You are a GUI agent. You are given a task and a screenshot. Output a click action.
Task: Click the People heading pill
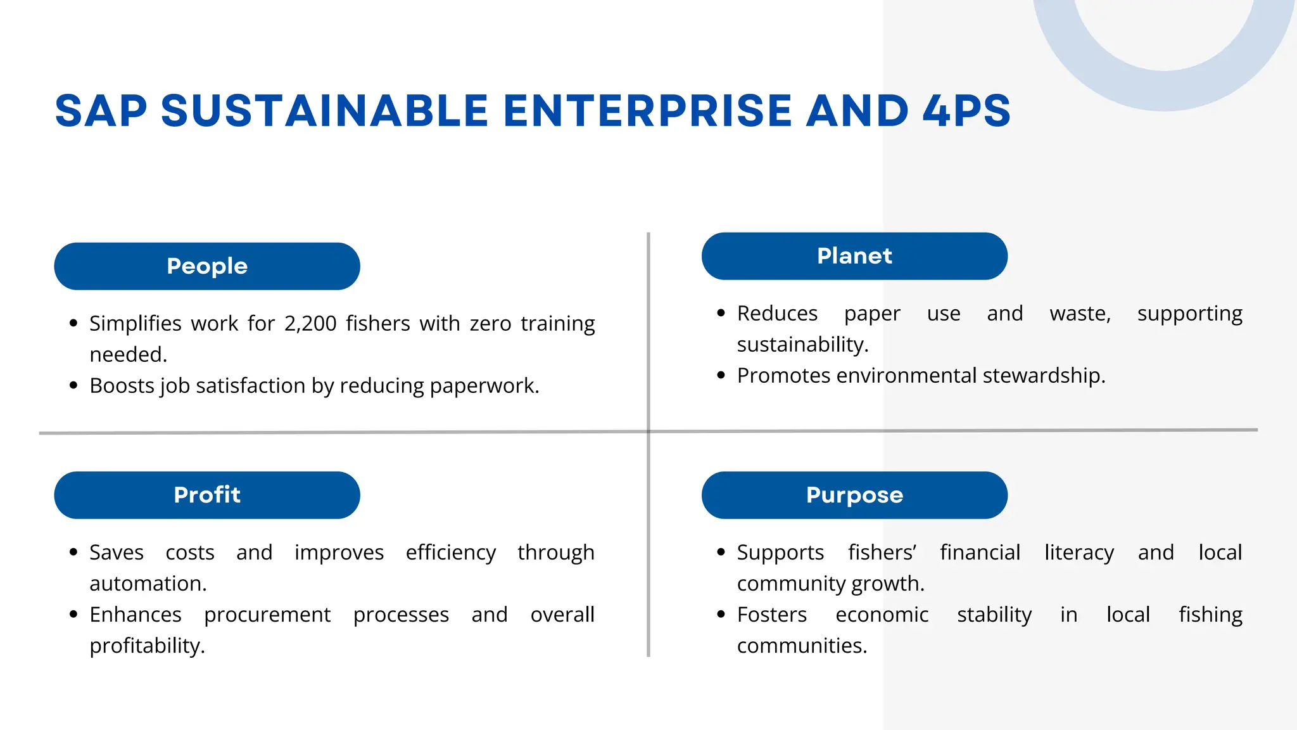207,266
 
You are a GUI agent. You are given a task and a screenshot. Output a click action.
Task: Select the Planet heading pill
854,256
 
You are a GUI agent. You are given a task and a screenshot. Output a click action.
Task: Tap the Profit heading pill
207,495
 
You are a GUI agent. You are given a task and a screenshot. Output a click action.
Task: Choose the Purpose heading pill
854,495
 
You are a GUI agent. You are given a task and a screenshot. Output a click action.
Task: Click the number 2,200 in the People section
310,324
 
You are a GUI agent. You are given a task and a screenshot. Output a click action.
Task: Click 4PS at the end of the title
966,111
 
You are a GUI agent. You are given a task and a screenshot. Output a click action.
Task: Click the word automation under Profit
148,584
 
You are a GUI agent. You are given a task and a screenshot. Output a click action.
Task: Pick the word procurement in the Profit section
267,615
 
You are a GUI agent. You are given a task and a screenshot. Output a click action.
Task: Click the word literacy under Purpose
1079,553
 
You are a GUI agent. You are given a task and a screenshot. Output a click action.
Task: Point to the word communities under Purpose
801,646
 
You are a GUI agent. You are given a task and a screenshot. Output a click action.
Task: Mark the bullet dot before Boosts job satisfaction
73,385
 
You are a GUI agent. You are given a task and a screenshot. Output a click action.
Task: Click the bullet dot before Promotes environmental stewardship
721,375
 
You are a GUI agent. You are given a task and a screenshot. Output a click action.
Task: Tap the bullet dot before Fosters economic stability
721,614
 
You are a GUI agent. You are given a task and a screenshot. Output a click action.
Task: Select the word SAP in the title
101,111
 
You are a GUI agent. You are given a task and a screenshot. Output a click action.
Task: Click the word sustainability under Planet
802,345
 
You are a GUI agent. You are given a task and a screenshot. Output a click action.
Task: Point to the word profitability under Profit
147,646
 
